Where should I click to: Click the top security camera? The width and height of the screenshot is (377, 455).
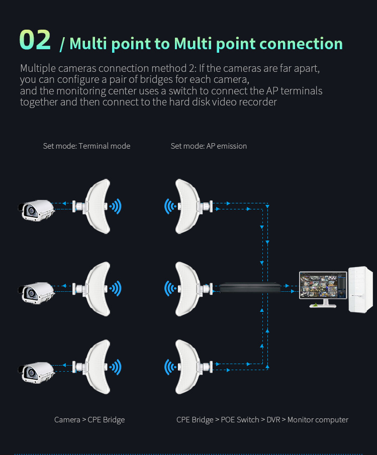coord(36,209)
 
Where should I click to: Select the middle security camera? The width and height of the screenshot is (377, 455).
coord(36,292)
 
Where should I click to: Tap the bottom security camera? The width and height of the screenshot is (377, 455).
coord(36,372)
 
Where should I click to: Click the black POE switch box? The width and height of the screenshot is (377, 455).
coord(249,288)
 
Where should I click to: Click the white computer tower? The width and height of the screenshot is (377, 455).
coord(360,290)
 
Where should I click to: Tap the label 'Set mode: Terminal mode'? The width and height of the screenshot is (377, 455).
coord(86,146)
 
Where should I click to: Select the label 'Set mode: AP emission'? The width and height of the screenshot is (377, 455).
coord(209,146)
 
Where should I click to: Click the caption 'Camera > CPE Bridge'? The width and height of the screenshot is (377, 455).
coord(89,419)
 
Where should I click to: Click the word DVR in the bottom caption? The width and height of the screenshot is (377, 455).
coord(273,419)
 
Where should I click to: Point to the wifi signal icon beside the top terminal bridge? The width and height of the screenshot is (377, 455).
coord(117,205)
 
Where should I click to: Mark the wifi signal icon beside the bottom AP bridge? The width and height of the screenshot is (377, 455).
coord(170,367)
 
